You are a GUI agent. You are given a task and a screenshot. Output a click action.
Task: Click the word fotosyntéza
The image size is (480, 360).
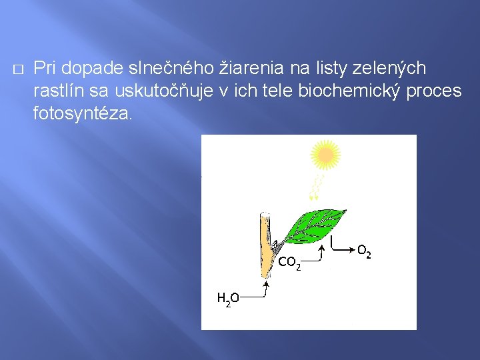tap(83, 114)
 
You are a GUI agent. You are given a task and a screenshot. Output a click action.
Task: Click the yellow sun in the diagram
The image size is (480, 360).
tap(325, 155)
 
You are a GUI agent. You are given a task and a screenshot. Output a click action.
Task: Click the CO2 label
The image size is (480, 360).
tap(289, 263)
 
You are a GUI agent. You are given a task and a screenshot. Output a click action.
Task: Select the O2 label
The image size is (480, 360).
tap(364, 251)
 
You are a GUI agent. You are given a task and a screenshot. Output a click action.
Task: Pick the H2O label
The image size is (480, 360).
tap(229, 299)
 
